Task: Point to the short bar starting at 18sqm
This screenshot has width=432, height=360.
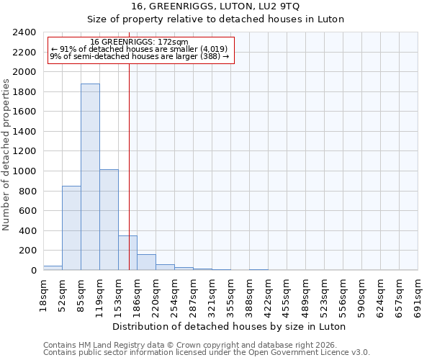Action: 53,268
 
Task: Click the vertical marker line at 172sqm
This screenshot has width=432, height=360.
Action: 129,144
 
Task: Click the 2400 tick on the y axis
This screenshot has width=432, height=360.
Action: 24,33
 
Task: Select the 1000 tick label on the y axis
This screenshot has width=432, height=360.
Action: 24,171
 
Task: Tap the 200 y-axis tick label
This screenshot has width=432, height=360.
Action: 27,251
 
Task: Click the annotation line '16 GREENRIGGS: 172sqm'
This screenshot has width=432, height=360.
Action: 140,42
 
